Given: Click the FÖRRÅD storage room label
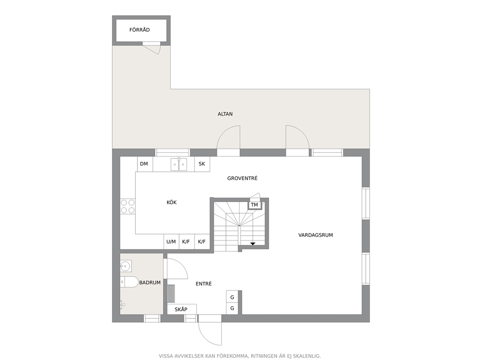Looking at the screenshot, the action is pos(139,30).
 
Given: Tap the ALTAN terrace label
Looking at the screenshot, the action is pos(225,114).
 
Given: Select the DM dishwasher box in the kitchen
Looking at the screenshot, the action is pos(145,164).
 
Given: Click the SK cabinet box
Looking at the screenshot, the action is pos(202,164).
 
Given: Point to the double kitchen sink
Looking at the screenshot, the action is pos(179,165).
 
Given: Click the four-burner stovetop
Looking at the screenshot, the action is pos(128,206).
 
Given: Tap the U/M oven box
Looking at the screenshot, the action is pos(171,242).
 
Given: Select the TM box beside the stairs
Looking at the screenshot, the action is pos(255,205).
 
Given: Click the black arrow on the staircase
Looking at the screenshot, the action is pos(253,244).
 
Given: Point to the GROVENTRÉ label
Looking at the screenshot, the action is pos(242,178).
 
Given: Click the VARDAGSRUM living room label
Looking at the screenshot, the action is pos(315,235).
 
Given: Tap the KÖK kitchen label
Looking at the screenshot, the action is pos(171,202).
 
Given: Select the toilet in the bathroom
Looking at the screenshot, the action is pos(129,282).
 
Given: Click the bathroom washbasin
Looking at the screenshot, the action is pos(125,266).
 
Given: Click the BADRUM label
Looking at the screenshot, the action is pos(150,283).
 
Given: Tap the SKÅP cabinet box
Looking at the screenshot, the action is pos(182,309).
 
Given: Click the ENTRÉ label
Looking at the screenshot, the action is pos(204,284).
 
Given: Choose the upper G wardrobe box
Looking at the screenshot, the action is pos(232,297).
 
